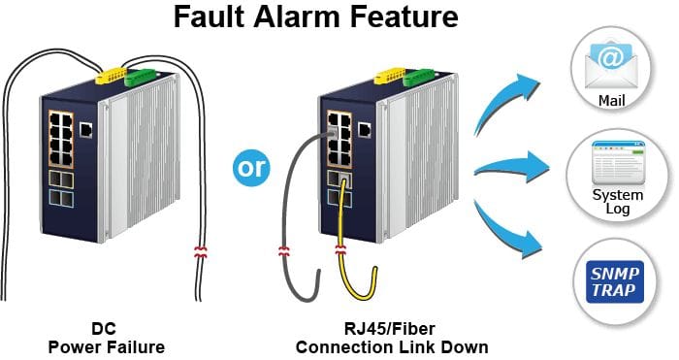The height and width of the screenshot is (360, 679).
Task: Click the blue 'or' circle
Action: (x=251, y=168)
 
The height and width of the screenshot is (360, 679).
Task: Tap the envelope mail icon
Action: (x=611, y=65)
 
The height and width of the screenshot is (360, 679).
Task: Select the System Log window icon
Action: (x=619, y=162)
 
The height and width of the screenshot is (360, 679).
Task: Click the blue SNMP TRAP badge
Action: (x=614, y=282)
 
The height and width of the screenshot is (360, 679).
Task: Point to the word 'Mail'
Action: (x=611, y=101)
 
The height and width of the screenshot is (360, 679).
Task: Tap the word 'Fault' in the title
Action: (x=210, y=16)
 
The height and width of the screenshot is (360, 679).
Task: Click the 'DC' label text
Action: (x=104, y=328)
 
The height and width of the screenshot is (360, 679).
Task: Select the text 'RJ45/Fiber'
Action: (x=389, y=328)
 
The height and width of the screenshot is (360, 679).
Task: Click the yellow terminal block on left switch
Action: (x=111, y=76)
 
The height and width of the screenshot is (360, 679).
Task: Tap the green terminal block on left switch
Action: (x=139, y=77)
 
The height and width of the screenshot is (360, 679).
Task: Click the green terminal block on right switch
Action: (x=417, y=77)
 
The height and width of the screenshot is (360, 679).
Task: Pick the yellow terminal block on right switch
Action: (x=389, y=76)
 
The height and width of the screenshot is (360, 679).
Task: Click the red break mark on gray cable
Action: (x=283, y=250)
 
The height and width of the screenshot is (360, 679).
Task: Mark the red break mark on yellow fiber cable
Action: (x=340, y=249)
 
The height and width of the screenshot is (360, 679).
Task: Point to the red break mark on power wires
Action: (x=200, y=252)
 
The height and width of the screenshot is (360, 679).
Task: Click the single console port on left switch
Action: (x=85, y=130)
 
